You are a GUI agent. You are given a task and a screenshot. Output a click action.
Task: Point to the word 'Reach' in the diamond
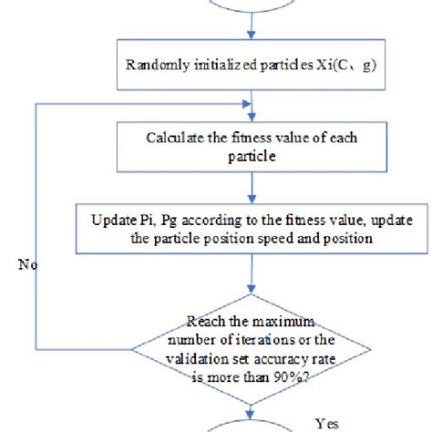coord(206,320)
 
